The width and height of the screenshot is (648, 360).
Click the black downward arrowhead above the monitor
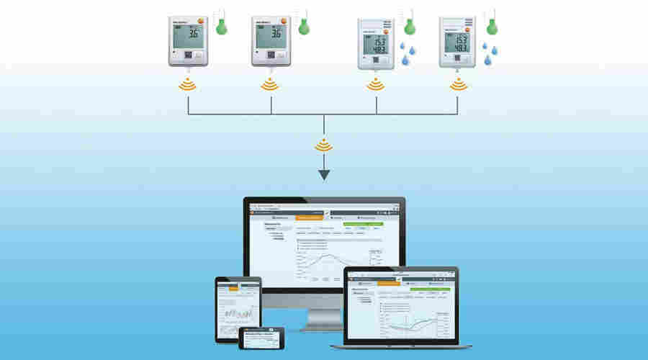pos(324,174)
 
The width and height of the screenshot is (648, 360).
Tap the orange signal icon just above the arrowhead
pos(324,145)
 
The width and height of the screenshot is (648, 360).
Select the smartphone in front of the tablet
pos(261,338)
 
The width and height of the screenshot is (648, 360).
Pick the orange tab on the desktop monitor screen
pos(310,217)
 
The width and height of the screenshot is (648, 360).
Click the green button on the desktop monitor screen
pos(365,224)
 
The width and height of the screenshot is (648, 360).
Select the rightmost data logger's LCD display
pos(457,42)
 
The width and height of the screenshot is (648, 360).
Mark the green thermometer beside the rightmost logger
pos(492,26)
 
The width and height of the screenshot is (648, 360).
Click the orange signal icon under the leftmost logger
pos(188,85)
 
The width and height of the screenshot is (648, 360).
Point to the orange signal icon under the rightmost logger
pos(458,85)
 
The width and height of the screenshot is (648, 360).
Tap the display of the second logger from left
pos(271,34)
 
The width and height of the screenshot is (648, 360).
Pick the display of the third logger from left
pos(376,42)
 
